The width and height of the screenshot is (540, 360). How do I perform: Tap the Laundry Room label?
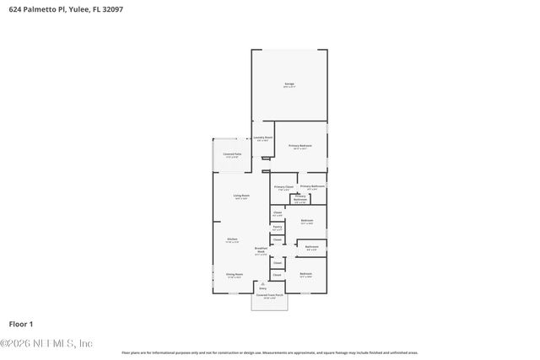[x=263, y=137]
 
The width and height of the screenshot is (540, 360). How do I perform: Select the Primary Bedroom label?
[x=300, y=146]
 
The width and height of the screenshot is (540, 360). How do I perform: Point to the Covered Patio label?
[x=232, y=154]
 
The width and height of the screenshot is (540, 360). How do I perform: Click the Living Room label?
[x=241, y=196]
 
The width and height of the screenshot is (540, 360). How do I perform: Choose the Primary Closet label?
[x=283, y=186]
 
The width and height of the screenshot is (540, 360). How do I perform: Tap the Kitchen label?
[x=232, y=239]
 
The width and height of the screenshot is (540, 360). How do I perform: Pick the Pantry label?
[x=277, y=227]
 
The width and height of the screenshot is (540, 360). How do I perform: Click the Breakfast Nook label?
[x=261, y=250]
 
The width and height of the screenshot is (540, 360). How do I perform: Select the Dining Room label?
[x=234, y=274]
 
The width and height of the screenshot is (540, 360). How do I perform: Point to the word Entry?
[x=262, y=287]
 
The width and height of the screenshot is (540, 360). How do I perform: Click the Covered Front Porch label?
[x=269, y=295]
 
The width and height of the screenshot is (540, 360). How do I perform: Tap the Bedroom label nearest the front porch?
[x=305, y=274]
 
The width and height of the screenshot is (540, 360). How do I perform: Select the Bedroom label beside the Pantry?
[x=307, y=220]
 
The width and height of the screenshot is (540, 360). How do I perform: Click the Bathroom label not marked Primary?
[x=311, y=247]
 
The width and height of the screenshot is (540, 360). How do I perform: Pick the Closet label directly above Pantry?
[x=277, y=212]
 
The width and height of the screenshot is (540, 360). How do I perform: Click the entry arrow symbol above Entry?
[x=262, y=282]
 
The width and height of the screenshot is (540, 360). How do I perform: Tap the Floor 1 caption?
[x=20, y=324]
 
